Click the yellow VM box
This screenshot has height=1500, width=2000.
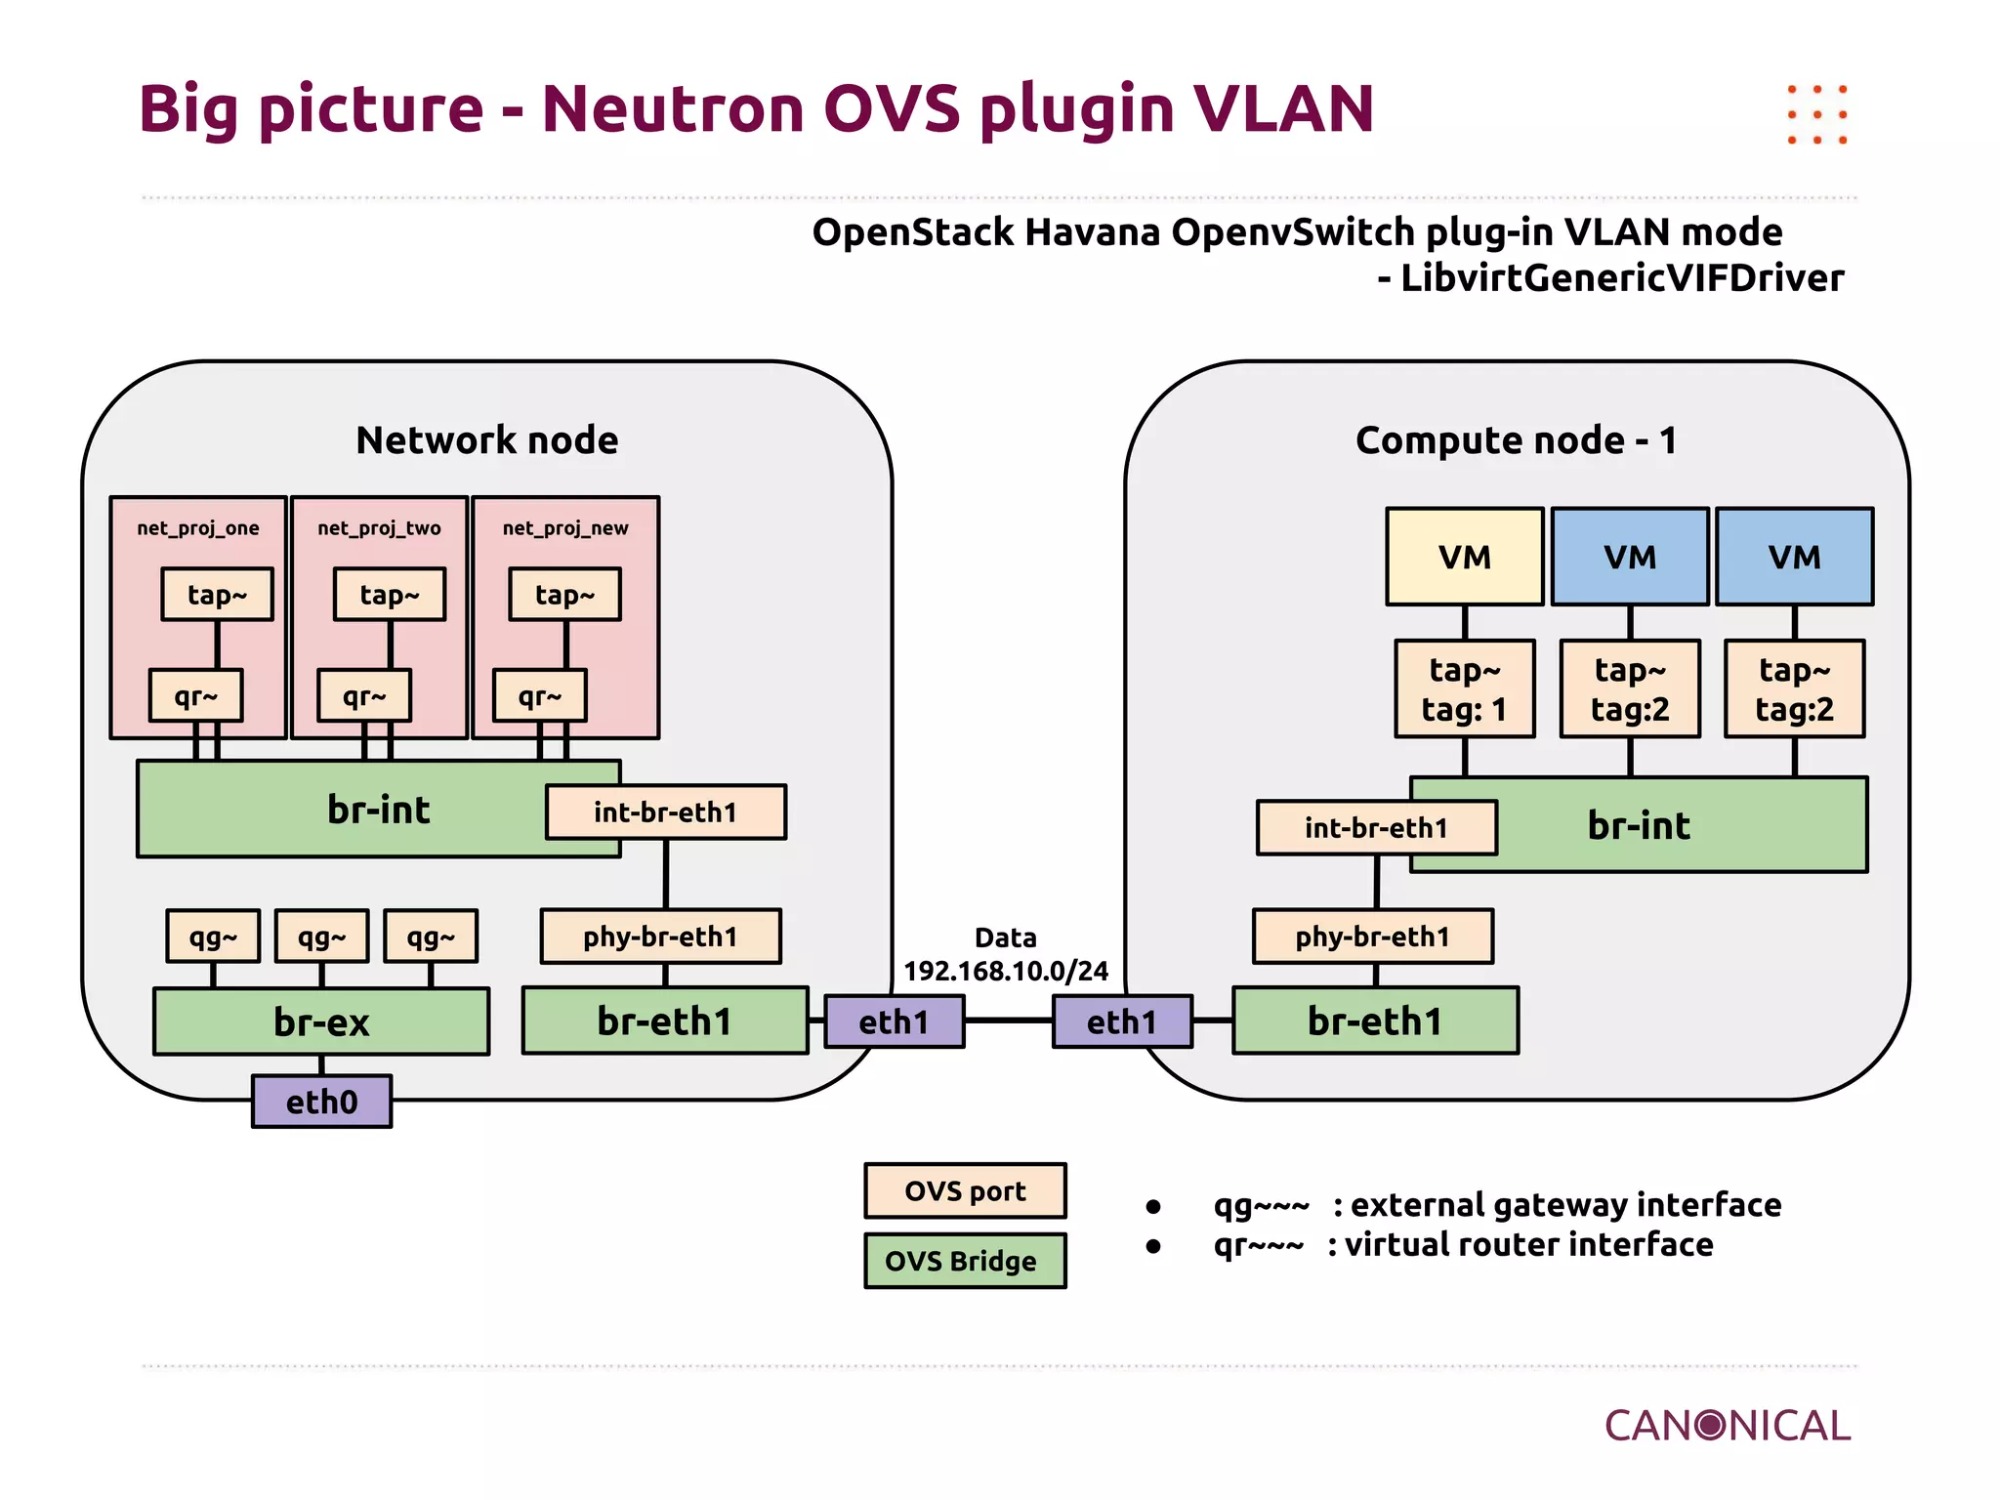[x=1464, y=557]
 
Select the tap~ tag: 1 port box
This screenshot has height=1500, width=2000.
[x=1464, y=688]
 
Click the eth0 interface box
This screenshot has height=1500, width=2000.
[x=321, y=1102]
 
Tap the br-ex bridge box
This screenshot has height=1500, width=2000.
[x=321, y=1021]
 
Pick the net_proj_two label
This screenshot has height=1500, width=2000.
[x=379, y=528]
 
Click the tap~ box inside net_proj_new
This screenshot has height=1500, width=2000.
[x=564, y=594]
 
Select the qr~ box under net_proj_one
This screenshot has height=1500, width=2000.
[x=195, y=695]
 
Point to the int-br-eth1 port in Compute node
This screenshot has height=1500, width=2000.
[x=1376, y=827]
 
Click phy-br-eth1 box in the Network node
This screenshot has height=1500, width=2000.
[x=660, y=937]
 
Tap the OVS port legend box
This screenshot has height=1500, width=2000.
[x=965, y=1190]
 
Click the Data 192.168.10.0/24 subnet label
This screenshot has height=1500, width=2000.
[x=1006, y=955]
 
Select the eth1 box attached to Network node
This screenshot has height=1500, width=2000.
[x=894, y=1021]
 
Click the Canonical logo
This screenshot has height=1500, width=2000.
[x=1727, y=1426]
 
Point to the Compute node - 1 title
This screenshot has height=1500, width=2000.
[x=1516, y=440]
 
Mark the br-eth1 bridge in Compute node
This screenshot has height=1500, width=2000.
[x=1375, y=1021]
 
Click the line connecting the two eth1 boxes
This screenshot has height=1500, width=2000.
[x=1008, y=1021]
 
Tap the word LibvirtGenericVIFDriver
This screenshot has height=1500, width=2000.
[x=1621, y=278]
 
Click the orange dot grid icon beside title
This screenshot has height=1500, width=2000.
[x=1816, y=114]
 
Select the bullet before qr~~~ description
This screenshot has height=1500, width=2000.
[x=1153, y=1246]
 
